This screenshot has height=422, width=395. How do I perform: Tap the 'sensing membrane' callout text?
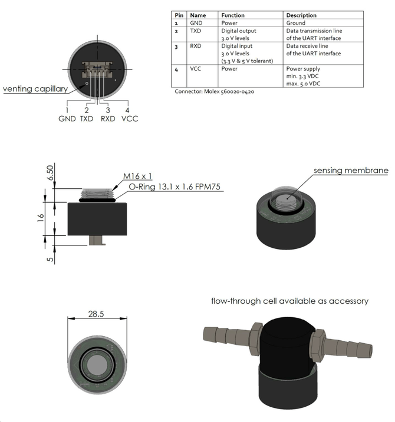pos(350,171)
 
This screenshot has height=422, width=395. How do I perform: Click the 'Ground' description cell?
pos(296,23)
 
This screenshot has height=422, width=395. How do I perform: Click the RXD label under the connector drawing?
pos(108,118)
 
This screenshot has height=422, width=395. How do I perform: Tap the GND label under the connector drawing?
pos(67,118)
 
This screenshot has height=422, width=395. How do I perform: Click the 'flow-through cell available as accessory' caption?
pos(290,301)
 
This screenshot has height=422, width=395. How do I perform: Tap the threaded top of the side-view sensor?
pos(97,192)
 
